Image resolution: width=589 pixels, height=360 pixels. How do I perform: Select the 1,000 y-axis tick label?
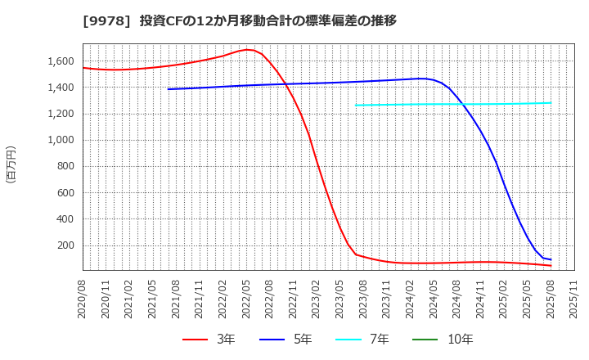[60, 140]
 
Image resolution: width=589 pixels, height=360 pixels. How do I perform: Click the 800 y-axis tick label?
[65, 166]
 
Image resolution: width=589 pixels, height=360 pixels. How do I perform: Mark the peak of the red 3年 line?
[247, 50]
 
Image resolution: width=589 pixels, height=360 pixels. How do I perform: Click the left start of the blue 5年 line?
[169, 89]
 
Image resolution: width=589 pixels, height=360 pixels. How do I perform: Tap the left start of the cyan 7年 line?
[356, 105]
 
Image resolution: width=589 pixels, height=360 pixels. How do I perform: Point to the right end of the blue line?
[551, 259]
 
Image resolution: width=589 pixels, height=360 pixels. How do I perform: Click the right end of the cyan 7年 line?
[551, 103]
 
